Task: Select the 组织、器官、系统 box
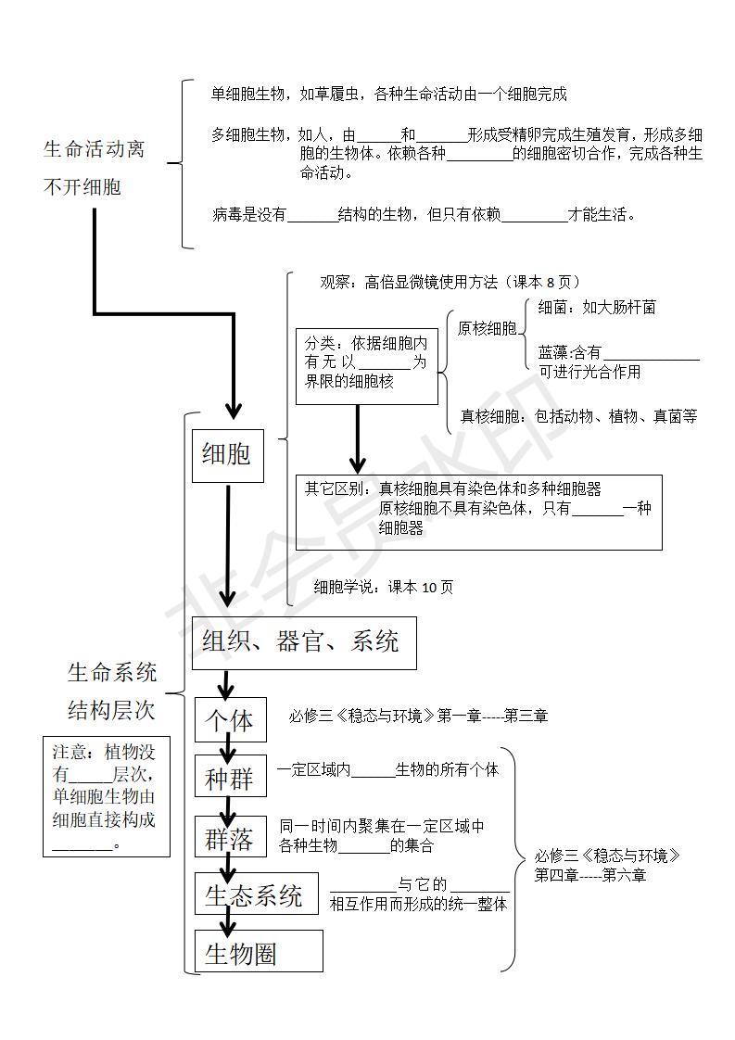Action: [303, 642]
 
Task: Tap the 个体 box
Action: [230, 720]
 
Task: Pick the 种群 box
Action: [230, 780]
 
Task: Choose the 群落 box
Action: [230, 840]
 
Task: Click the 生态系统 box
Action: [255, 895]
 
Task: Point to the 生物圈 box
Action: [258, 952]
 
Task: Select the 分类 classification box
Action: [366, 366]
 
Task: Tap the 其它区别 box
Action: [477, 512]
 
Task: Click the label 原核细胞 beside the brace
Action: [488, 328]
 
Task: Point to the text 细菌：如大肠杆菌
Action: [597, 307]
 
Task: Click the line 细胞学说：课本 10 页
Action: [384, 587]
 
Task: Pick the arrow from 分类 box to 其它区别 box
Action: [357, 438]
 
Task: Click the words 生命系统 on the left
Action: [112, 672]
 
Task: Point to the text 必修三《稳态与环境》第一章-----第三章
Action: [418, 716]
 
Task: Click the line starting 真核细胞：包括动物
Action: [578, 417]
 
